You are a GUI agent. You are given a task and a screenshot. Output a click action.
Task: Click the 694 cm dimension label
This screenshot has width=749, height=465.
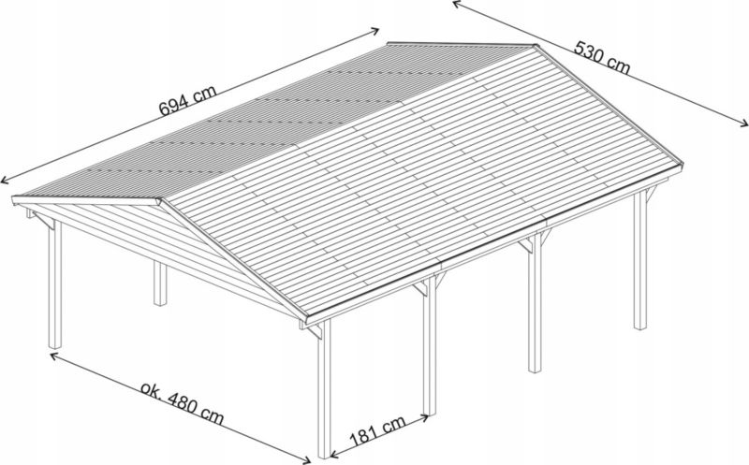click(188, 100)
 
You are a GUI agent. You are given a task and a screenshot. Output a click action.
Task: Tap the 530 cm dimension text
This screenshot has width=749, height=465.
click(602, 57)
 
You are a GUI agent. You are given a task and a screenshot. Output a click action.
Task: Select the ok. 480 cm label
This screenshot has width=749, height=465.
click(182, 402)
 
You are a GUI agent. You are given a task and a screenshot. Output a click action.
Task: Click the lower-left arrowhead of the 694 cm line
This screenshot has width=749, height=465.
click(5, 180)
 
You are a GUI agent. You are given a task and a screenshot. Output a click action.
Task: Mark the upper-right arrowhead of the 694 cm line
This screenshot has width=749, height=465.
click(374, 31)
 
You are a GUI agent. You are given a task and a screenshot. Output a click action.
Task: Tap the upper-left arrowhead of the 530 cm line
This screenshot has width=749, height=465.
click(457, 5)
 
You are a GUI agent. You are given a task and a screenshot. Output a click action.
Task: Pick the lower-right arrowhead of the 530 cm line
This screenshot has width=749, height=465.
click(743, 124)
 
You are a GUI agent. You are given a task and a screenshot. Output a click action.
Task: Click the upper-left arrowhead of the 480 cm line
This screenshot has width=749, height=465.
click(55, 356)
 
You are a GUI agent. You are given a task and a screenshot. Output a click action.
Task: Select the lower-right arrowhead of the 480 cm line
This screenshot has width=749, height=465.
click(306, 459)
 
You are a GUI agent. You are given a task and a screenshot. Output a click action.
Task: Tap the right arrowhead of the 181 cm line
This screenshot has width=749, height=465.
click(423, 417)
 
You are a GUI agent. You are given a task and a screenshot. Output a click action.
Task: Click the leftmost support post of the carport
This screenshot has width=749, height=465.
click(55, 283)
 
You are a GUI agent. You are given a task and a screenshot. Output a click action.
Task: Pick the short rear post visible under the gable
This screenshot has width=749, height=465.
click(160, 283)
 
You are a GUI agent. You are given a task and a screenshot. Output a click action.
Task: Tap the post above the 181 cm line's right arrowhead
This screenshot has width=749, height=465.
click(430, 346)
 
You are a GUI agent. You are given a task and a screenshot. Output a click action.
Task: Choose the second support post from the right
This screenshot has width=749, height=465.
click(535, 303)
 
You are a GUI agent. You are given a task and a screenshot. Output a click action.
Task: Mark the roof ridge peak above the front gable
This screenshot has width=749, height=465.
click(160, 200)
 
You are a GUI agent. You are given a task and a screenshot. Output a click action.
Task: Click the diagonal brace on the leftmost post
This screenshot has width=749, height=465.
click(43, 221)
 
